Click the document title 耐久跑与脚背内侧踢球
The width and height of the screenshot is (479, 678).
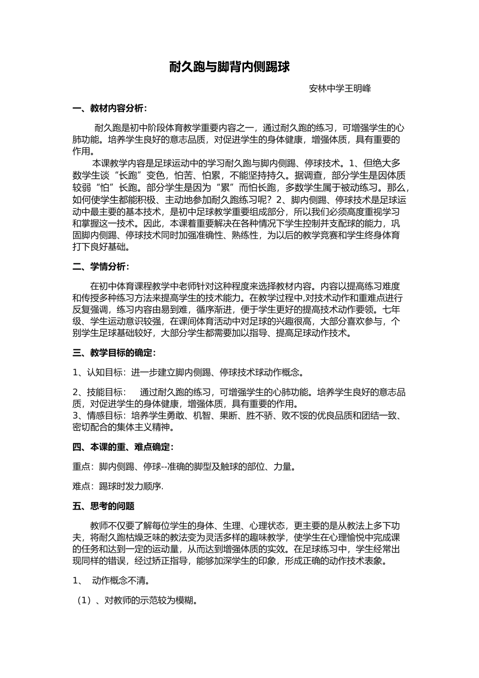[x=229, y=67]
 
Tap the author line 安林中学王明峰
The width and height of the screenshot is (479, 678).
[x=340, y=88]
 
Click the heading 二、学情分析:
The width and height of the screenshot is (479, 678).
[x=101, y=266]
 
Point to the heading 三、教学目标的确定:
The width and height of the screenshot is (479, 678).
[x=114, y=353]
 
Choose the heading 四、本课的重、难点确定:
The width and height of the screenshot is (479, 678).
[x=123, y=447]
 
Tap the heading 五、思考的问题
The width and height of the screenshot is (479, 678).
[x=103, y=506]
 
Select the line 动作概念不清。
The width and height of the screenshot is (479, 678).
[x=121, y=581]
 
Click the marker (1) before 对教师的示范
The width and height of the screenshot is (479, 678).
[x=82, y=600]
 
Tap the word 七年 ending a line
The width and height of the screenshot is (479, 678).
[x=391, y=309]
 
